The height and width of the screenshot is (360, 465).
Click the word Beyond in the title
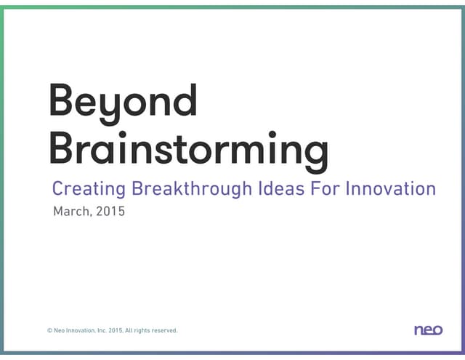click(x=123, y=102)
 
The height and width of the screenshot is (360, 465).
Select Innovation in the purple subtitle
click(x=391, y=189)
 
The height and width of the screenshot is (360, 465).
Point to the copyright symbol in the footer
click(x=49, y=330)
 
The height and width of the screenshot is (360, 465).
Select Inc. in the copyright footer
click(x=102, y=330)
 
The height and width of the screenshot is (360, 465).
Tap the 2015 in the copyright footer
click(x=116, y=330)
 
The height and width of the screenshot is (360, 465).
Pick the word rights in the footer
click(x=145, y=330)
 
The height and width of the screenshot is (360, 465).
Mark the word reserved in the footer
click(x=166, y=330)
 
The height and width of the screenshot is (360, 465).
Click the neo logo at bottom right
click(x=428, y=330)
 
